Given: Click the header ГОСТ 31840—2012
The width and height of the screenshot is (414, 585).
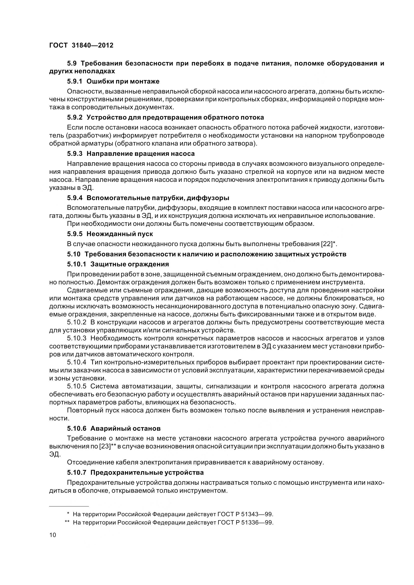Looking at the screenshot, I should [81, 45].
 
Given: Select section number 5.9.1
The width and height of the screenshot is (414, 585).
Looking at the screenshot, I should [75, 81].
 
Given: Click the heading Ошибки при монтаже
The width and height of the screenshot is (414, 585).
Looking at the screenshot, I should [123, 81].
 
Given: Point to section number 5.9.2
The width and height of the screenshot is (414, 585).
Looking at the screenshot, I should [75, 118].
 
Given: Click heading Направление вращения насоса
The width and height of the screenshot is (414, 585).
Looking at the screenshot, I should [141, 154].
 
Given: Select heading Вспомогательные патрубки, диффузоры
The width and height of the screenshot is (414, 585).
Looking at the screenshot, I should [158, 198].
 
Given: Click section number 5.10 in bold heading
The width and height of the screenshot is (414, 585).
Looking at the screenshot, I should [74, 254].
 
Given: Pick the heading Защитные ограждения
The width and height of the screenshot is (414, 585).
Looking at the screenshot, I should [129, 264].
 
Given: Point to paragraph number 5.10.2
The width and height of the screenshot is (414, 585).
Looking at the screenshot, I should [77, 322].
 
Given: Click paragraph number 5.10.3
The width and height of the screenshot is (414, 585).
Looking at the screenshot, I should [77, 338].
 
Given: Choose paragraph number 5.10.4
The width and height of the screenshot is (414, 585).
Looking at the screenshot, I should [77, 362].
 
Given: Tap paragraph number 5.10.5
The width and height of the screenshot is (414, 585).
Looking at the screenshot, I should [77, 386].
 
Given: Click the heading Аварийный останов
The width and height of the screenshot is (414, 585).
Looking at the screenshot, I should [125, 429].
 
